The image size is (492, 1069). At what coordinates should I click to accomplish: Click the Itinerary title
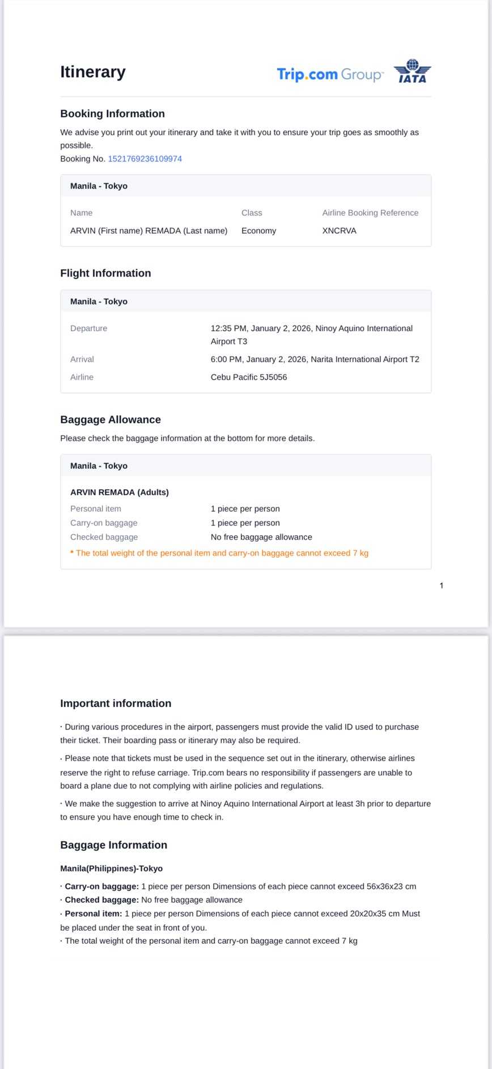click(93, 72)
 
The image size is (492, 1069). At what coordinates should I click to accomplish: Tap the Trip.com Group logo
click(329, 74)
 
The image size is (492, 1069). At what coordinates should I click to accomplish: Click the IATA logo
click(412, 71)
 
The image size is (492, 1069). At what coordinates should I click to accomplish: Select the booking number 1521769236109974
click(145, 159)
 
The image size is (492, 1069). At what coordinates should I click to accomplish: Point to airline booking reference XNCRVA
click(339, 231)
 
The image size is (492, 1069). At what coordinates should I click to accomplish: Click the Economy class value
click(258, 231)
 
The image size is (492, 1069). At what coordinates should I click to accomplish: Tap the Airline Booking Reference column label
click(370, 213)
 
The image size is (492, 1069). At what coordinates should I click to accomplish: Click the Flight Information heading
click(105, 273)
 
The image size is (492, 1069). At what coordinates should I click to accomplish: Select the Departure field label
click(88, 328)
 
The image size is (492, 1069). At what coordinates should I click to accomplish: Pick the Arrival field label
click(82, 359)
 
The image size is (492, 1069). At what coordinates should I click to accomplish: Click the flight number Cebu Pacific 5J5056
click(249, 377)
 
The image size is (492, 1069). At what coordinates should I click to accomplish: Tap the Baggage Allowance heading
click(111, 419)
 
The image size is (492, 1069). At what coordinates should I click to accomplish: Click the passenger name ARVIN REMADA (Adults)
click(120, 492)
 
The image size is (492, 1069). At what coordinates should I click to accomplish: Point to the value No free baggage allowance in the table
click(261, 537)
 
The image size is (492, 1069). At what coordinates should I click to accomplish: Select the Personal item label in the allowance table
click(96, 508)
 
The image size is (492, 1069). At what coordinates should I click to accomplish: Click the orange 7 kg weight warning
click(222, 553)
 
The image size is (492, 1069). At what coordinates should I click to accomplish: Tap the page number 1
click(442, 586)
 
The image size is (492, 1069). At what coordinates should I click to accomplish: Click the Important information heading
click(116, 703)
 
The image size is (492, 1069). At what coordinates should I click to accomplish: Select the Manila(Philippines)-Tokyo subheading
click(112, 868)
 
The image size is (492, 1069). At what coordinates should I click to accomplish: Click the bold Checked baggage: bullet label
click(101, 900)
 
